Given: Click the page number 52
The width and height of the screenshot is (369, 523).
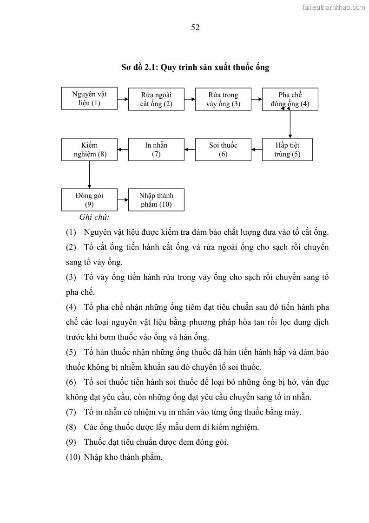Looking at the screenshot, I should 195,27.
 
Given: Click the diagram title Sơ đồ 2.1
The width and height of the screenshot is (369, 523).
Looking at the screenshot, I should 195,67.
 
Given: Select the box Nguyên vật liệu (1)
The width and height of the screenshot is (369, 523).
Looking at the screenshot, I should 89,99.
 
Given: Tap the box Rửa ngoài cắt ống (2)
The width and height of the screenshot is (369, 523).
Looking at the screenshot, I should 156,99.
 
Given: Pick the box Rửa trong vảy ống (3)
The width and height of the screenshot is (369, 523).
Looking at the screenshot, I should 223,99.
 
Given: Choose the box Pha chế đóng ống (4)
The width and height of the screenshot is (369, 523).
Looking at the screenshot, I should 290,99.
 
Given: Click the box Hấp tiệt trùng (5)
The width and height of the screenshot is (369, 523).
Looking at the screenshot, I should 287,149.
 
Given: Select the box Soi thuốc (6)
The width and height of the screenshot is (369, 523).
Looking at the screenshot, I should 223,149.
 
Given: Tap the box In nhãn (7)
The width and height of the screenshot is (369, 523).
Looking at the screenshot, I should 156,149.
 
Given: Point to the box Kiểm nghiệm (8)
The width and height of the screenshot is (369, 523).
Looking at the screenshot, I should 89,149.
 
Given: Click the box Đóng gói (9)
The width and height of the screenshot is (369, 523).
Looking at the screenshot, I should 89,200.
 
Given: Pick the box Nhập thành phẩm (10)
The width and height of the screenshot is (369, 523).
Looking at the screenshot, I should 156,200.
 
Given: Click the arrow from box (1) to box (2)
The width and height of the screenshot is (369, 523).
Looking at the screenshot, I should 123,99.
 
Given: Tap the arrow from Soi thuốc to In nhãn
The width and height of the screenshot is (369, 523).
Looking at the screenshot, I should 190,149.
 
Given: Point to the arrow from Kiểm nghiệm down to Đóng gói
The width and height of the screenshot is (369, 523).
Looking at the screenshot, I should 89,174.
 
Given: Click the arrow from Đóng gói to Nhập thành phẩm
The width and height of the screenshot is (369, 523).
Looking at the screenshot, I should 123,200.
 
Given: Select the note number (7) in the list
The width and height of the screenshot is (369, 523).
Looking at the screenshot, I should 71,412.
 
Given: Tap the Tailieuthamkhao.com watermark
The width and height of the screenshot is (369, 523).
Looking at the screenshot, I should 333,7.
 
